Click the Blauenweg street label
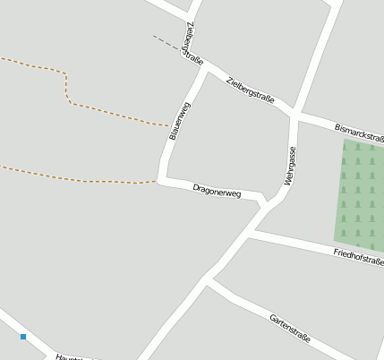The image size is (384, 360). pyautogui.click(x=180, y=121)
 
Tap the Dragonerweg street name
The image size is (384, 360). pyautogui.click(x=217, y=191)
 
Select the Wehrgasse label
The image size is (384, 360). pyautogui.click(x=290, y=166)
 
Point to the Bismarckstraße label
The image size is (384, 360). pyautogui.click(x=359, y=133)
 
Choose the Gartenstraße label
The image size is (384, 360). pyautogui.click(x=289, y=328)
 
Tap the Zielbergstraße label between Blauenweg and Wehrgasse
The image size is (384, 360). pyautogui.click(x=251, y=90)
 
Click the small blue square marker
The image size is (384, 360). pyautogui.click(x=23, y=337)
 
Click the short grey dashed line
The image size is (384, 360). pyautogui.click(x=166, y=42)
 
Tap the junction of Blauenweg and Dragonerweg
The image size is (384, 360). pyautogui.click(x=162, y=181)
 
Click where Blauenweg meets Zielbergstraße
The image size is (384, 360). pyautogui.click(x=205, y=68)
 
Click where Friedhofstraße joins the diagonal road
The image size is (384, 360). pyautogui.click(x=252, y=233)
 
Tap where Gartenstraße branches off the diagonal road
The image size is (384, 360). pyautogui.click(x=209, y=280)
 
